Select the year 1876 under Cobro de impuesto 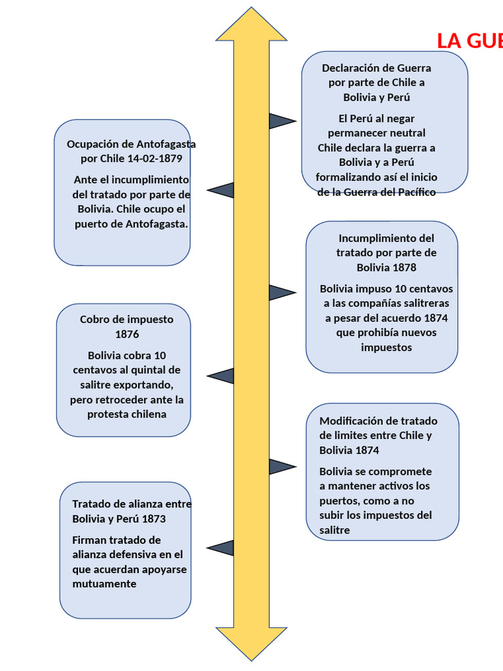click(x=127, y=334)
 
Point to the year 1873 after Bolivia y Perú click(x=152, y=519)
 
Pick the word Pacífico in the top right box click(x=413, y=192)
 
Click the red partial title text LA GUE click(x=469, y=41)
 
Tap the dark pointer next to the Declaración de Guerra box click(x=282, y=121)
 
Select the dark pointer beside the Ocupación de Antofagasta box click(x=221, y=190)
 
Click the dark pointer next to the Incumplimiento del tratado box click(x=282, y=292)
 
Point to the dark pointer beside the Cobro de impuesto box click(x=221, y=376)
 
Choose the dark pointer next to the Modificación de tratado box click(x=282, y=467)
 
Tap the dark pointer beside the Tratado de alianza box click(x=221, y=548)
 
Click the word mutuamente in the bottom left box click(x=105, y=584)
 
